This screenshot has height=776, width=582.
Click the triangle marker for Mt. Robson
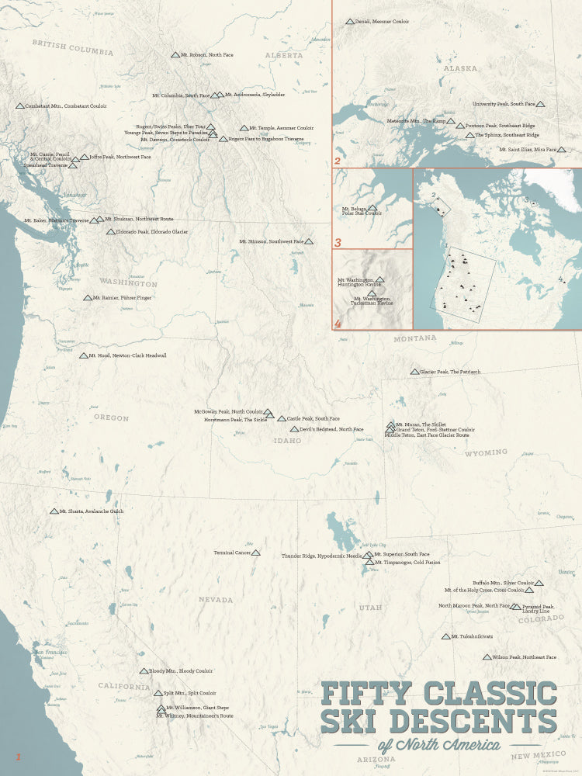coord(175,55)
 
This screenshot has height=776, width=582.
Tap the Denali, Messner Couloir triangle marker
coord(349,22)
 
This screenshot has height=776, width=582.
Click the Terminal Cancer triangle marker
coord(256,553)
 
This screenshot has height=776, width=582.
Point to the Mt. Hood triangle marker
coord(83,355)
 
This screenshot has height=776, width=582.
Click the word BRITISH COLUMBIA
coord(73,48)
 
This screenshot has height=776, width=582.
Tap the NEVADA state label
coord(215,600)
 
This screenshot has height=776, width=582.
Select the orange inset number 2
coord(338,161)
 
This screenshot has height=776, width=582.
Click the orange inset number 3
coord(338,243)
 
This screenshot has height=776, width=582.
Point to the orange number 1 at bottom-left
coord(18,756)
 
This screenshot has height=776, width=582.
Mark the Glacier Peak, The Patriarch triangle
coord(414,372)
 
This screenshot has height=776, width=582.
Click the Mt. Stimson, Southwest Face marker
coord(309,242)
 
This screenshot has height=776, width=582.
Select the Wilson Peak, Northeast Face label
coord(524,657)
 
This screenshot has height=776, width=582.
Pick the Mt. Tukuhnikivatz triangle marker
coord(445,637)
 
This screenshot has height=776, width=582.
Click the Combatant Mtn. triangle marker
coord(19,106)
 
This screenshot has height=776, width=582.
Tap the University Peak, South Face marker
coord(541,104)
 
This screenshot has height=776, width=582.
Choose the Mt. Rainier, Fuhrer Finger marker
coord(87,298)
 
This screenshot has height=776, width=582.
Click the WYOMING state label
coord(485,452)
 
